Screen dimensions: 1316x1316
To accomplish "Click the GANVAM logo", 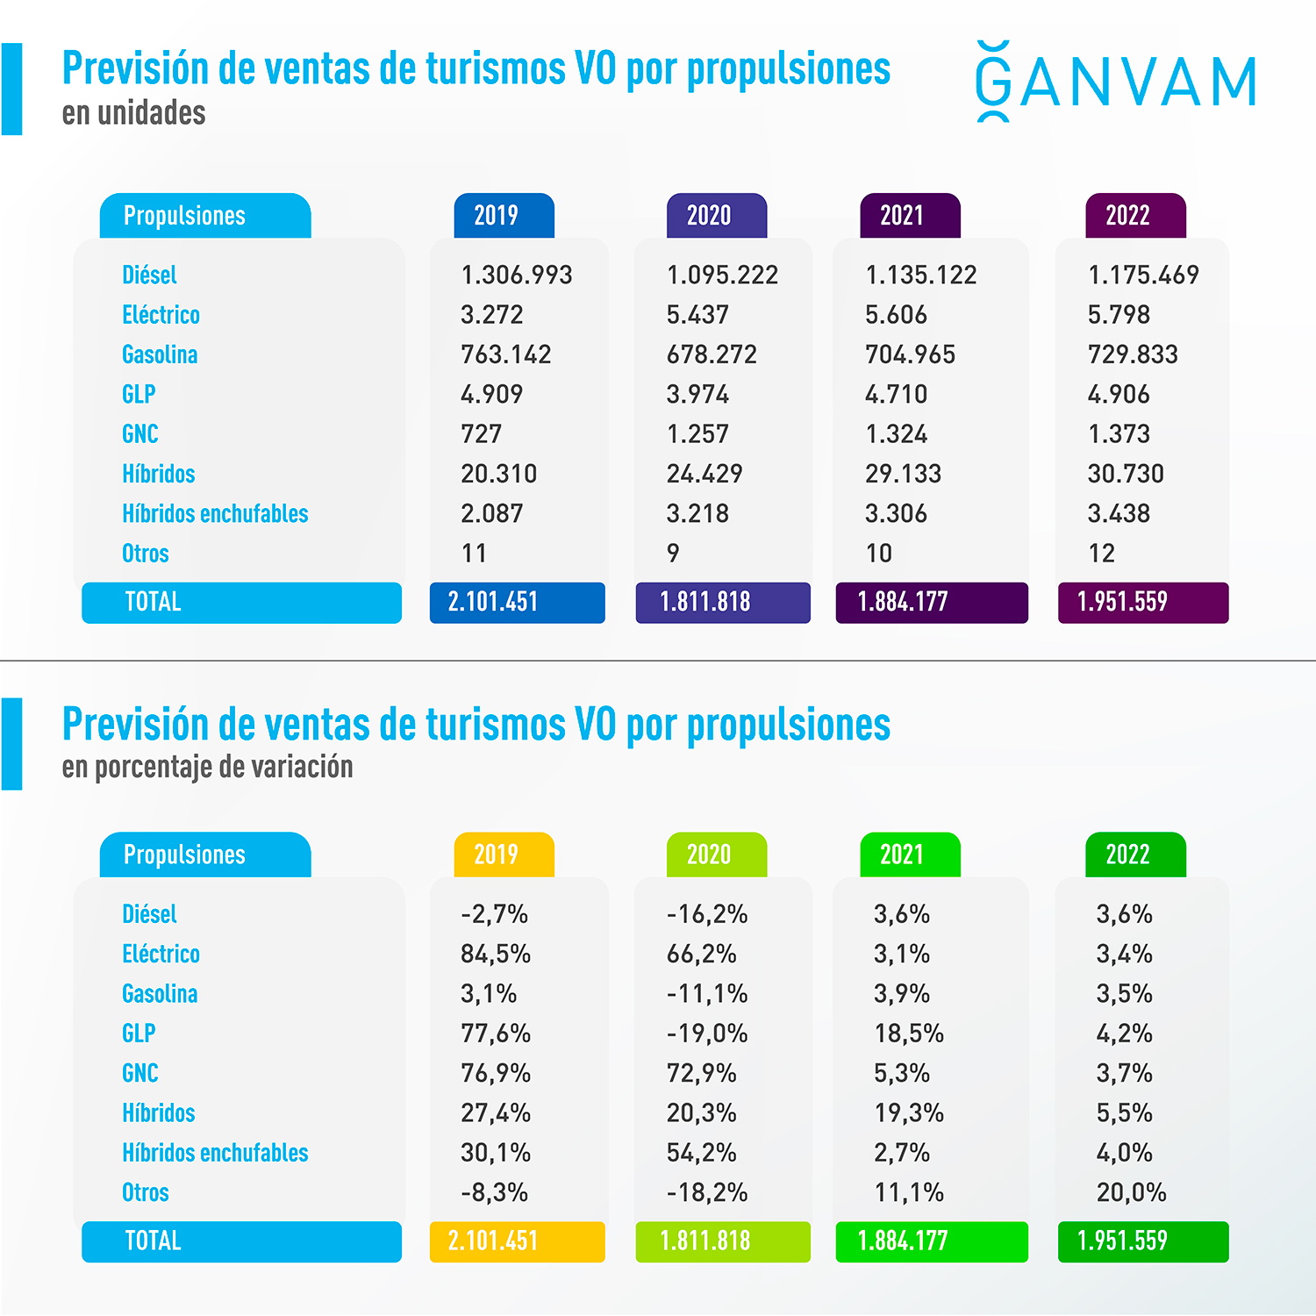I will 1116,82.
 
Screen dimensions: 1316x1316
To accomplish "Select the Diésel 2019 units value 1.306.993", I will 516,275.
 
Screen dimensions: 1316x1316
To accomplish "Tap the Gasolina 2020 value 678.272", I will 711,354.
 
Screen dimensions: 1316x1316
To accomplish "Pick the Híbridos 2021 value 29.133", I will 902,474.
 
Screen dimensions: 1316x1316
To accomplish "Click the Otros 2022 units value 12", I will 1101,554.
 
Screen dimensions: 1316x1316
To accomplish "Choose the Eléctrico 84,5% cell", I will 496,954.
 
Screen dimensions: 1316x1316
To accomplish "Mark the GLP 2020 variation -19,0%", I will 706,1033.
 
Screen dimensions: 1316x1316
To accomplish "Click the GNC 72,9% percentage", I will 701,1073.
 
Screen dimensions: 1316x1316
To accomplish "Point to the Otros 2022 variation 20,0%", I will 1131,1192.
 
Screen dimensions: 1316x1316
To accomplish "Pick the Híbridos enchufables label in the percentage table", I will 215,1153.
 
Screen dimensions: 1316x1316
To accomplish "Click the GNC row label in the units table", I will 140,434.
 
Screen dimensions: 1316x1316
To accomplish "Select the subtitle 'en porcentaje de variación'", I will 207,767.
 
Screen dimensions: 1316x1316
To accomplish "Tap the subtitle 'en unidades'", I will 133,113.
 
